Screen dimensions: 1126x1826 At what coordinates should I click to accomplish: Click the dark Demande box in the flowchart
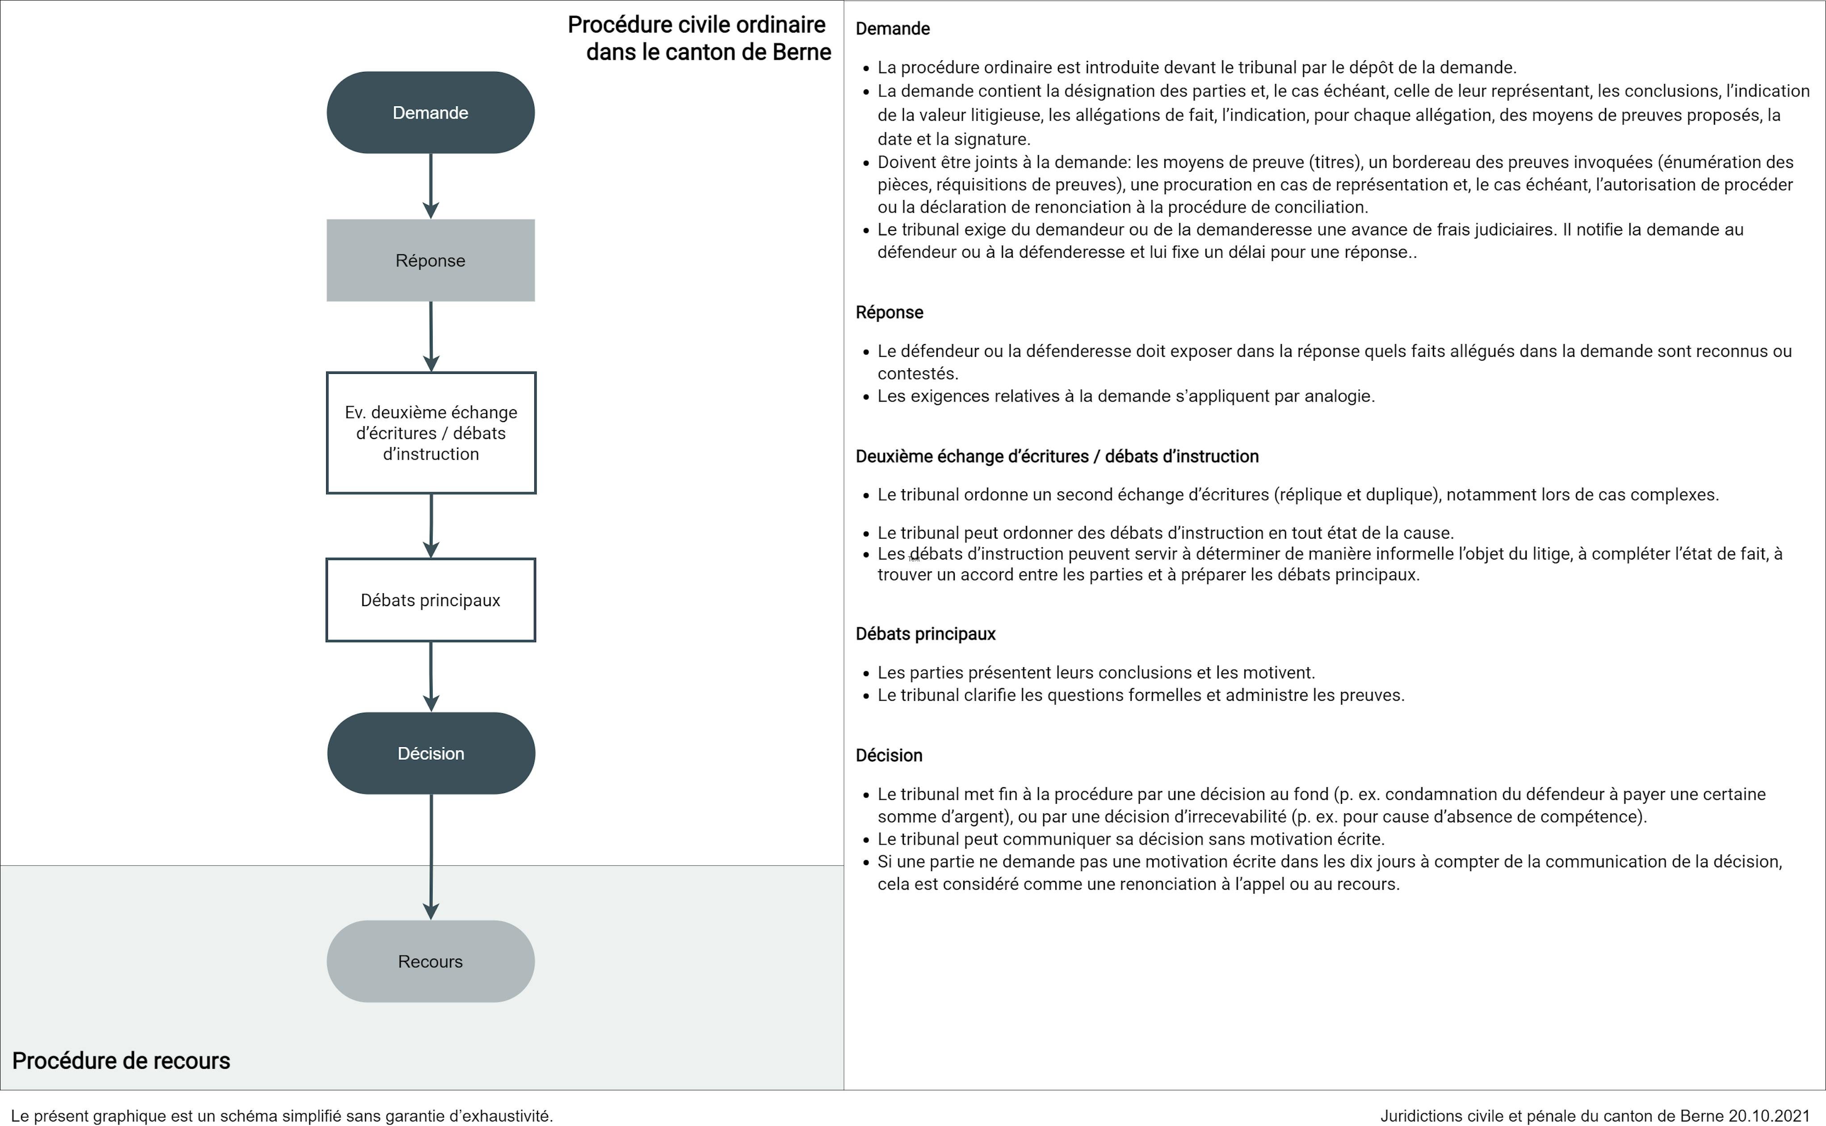point(430,113)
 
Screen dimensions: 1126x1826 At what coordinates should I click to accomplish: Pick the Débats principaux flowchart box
point(430,600)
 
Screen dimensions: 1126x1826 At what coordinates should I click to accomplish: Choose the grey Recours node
point(430,962)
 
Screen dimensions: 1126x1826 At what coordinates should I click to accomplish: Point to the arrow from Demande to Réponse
point(430,186)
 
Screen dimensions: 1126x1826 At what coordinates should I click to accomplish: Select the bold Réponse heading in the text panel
point(889,313)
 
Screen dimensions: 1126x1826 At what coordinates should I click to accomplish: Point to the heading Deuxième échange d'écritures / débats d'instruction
point(1057,456)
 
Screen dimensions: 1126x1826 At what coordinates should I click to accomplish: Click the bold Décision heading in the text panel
point(888,756)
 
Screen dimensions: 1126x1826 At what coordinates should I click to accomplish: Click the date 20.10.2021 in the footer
point(1769,1116)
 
